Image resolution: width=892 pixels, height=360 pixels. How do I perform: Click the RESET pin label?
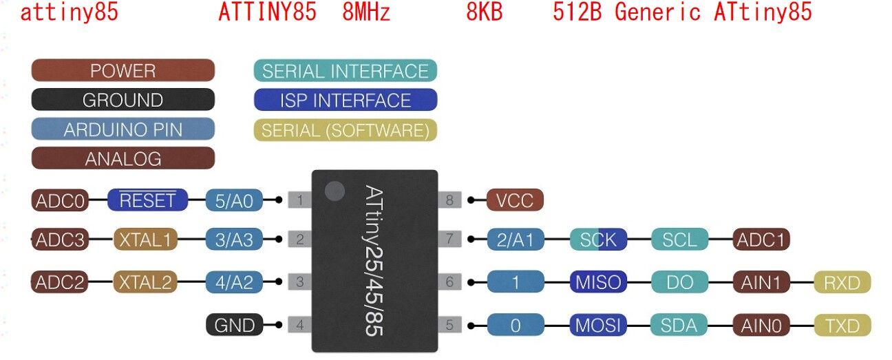(147, 200)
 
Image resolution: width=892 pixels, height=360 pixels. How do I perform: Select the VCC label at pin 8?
(515, 200)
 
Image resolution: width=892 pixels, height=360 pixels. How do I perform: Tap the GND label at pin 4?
(235, 325)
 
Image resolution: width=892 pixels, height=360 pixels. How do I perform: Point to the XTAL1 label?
(145, 240)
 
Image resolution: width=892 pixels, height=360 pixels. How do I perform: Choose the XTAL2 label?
(145, 282)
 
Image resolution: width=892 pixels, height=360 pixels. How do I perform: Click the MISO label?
(598, 282)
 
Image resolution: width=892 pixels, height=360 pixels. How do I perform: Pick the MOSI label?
(598, 325)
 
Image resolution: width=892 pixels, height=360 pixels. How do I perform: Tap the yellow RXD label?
(842, 282)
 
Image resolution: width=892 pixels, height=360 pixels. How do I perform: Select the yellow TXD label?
(842, 325)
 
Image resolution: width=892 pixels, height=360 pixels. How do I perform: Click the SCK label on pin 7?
(598, 240)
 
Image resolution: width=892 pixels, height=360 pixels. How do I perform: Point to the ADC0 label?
(60, 200)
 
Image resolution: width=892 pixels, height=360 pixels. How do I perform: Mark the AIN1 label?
(761, 282)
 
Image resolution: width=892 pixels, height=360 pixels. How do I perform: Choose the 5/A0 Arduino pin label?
(234, 200)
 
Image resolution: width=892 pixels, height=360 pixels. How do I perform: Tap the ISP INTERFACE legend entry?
(345, 100)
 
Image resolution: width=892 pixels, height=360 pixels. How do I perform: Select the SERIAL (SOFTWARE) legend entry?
(345, 129)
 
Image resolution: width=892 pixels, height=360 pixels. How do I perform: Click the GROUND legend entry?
(123, 100)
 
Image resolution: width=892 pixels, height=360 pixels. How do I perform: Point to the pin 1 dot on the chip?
(334, 191)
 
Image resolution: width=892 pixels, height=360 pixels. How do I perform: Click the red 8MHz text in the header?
(366, 12)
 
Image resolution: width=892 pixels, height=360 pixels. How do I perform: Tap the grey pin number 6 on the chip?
(449, 282)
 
